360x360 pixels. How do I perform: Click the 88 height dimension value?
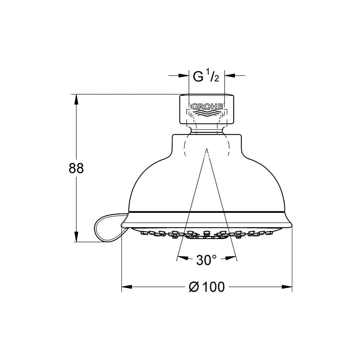pyautogui.click(x=76, y=168)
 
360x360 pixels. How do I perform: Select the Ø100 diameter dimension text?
pyautogui.click(x=207, y=287)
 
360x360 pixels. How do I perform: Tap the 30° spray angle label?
pyautogui.click(x=206, y=260)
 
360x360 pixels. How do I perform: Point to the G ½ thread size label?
pyautogui.click(x=206, y=76)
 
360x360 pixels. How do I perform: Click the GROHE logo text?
pyautogui.click(x=207, y=107)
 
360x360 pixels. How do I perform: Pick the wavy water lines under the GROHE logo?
pyautogui.click(x=207, y=114)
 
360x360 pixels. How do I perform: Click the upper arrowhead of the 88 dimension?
pyautogui.click(x=76, y=99)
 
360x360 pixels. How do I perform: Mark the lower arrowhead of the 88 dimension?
pyautogui.click(x=76, y=237)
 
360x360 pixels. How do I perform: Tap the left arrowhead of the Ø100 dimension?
pyautogui.click(x=127, y=287)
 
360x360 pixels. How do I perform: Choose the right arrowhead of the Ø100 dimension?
pyautogui.click(x=287, y=287)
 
